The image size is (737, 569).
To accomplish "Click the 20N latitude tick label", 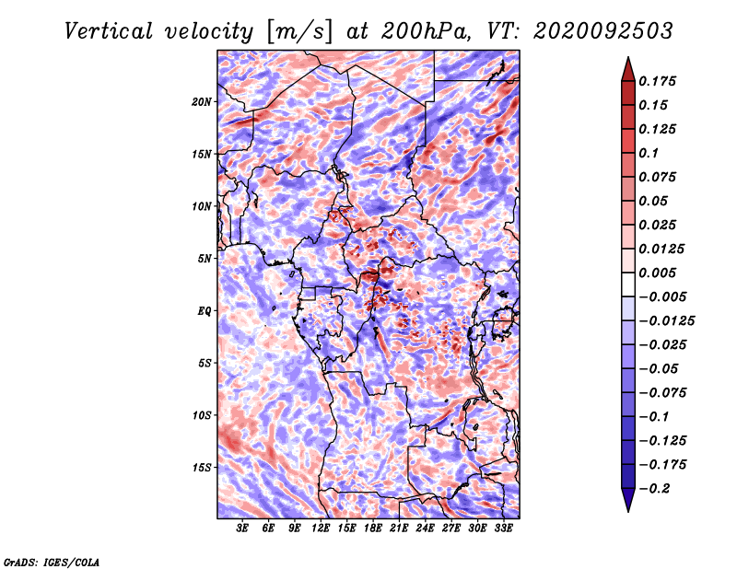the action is (x=202, y=102).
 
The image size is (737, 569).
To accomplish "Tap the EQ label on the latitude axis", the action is (x=204, y=311).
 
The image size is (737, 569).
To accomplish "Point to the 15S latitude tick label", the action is (x=202, y=468).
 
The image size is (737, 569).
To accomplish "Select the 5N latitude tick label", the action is (x=205, y=259).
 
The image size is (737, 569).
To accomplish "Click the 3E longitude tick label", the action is (x=242, y=528).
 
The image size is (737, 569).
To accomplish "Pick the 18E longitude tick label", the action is (x=373, y=528).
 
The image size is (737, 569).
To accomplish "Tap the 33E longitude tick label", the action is (x=503, y=528).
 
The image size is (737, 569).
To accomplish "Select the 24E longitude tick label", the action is (x=425, y=528).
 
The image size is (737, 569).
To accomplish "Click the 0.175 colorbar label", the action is (x=657, y=81).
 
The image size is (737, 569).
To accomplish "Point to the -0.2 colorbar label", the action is (x=654, y=488).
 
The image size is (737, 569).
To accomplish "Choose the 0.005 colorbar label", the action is (x=657, y=273).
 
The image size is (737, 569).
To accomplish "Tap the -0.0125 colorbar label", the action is (x=666, y=321).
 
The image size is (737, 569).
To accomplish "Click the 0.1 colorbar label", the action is (x=649, y=153).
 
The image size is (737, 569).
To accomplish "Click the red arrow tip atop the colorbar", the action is (x=628, y=57).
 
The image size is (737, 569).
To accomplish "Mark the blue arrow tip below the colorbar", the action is (x=628, y=511).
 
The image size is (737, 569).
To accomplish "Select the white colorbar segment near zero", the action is (x=628, y=284).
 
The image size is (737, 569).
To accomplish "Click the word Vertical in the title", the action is (x=109, y=31).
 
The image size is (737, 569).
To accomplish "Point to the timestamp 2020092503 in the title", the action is (x=603, y=31).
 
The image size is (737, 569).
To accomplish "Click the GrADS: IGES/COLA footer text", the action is (x=52, y=562).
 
